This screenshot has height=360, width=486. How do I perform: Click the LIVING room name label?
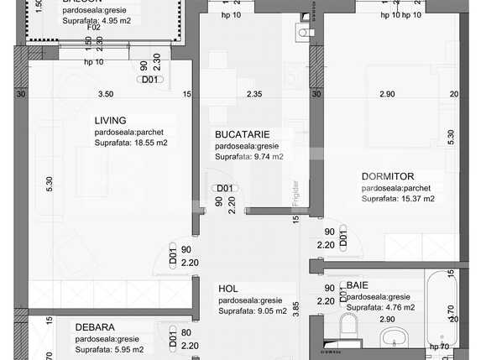[x=112, y=120]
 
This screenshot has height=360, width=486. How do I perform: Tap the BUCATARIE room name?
[x=243, y=133]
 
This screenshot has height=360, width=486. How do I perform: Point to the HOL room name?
[x=228, y=288]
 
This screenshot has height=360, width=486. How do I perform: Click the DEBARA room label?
[x=95, y=327]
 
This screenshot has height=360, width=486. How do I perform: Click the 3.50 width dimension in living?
[x=105, y=94]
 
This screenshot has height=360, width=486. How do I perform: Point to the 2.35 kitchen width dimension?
[x=254, y=94]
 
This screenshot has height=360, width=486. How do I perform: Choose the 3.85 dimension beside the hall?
[x=295, y=307]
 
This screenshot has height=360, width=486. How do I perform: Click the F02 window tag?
[x=94, y=27]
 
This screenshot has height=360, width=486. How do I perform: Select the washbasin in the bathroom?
[x=395, y=338]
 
